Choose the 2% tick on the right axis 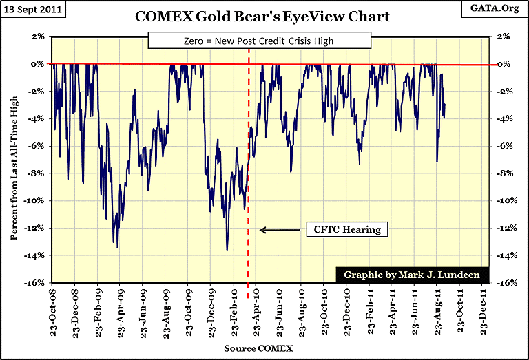coord(502,36)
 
